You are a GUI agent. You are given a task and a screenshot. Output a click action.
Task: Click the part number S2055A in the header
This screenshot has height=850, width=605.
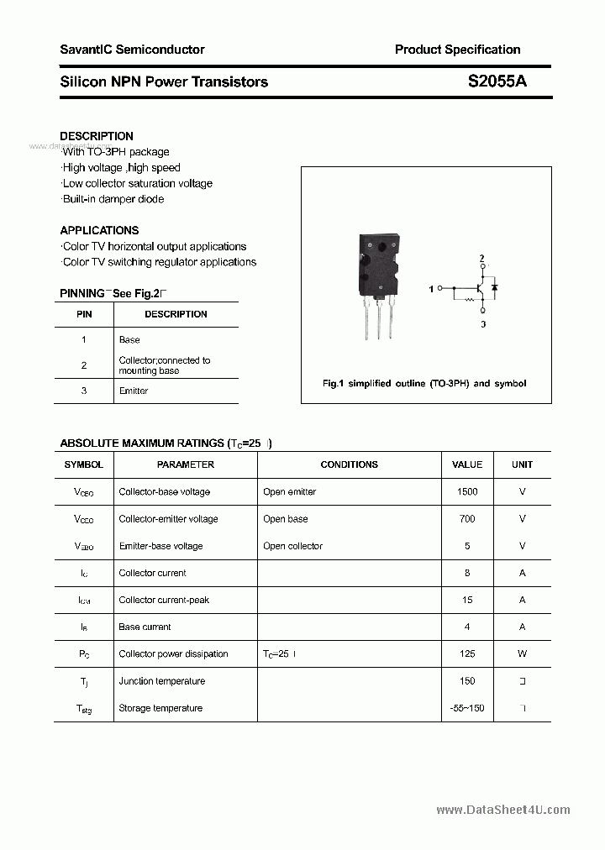tap(497, 81)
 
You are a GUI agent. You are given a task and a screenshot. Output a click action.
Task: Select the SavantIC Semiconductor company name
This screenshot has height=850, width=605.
tap(132, 50)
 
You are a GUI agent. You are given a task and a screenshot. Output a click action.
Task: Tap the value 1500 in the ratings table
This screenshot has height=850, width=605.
tap(467, 492)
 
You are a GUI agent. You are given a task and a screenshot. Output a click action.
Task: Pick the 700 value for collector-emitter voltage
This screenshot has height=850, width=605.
tap(467, 519)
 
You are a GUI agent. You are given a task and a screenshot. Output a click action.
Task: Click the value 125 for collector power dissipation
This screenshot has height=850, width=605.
tap(467, 654)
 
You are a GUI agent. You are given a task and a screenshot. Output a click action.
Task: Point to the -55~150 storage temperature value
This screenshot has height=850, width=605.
tap(467, 708)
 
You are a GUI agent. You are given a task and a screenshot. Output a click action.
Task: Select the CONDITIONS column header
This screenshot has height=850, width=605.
tap(349, 464)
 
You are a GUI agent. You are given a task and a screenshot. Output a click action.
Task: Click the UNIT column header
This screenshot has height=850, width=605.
tap(522, 464)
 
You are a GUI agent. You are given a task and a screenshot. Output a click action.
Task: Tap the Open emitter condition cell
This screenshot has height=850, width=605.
tap(289, 492)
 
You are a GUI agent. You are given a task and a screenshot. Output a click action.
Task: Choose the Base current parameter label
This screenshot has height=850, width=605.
tap(145, 627)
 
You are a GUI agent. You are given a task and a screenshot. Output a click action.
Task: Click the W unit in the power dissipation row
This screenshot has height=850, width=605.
tap(522, 654)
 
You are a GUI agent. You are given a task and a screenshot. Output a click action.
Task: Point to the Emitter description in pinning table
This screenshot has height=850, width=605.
tap(134, 391)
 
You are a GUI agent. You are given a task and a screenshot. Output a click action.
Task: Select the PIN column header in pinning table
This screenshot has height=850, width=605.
tap(84, 314)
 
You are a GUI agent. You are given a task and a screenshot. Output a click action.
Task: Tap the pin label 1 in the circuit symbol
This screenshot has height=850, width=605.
tap(430, 289)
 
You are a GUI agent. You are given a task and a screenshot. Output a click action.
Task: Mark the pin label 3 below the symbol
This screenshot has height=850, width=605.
tap(482, 323)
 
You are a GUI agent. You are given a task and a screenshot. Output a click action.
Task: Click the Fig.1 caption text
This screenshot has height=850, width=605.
tap(424, 384)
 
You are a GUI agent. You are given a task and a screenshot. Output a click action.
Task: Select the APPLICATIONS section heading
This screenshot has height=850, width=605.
tap(99, 230)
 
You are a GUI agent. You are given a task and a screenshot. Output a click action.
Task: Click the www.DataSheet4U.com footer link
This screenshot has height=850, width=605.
tap(502, 811)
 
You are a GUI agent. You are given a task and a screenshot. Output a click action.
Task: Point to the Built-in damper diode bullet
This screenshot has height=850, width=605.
tap(113, 199)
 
